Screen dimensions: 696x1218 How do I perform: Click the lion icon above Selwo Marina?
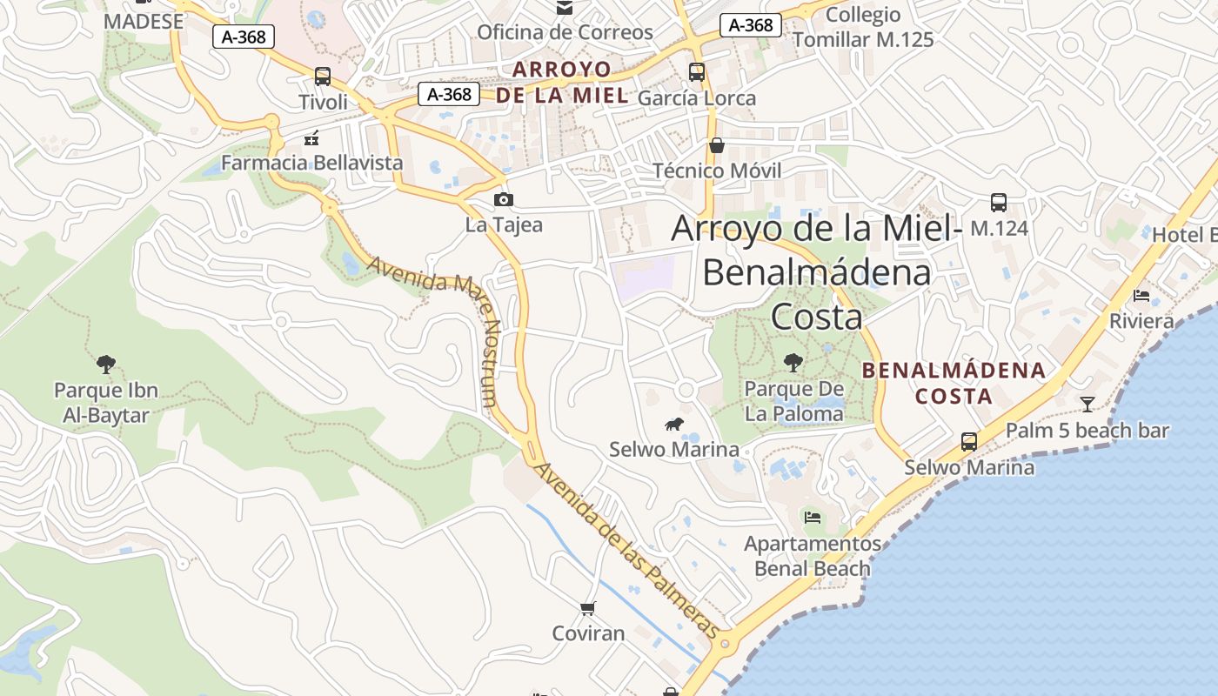tap(673, 425)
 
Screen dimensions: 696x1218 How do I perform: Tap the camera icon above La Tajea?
tap(504, 200)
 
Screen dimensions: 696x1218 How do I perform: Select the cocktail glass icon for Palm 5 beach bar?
tap(1087, 404)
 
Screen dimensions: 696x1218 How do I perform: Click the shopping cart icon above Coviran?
tap(588, 608)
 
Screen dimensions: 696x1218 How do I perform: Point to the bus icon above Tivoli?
tap(323, 77)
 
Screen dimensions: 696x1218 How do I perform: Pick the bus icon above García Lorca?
tap(696, 72)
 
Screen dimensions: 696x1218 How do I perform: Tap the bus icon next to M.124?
tap(999, 203)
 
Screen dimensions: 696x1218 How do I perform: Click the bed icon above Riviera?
tap(1141, 296)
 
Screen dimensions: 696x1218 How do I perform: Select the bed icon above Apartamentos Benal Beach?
tap(813, 518)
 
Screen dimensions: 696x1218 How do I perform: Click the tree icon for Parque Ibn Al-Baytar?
tap(106, 364)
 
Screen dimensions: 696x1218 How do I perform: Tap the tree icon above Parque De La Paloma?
tap(793, 363)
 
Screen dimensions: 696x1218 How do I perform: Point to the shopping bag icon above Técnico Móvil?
tap(717, 145)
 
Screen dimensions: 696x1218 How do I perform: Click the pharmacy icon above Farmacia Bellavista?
tap(311, 137)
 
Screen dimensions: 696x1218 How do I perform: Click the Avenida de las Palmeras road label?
tap(626, 550)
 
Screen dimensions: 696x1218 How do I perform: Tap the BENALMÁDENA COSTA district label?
tap(954, 383)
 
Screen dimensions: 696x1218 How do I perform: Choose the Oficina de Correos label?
tap(565, 32)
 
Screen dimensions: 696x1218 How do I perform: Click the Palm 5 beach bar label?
tap(1087, 431)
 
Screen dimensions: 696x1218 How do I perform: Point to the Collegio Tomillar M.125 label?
tap(863, 27)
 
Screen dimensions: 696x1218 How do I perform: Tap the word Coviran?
tap(588, 633)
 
